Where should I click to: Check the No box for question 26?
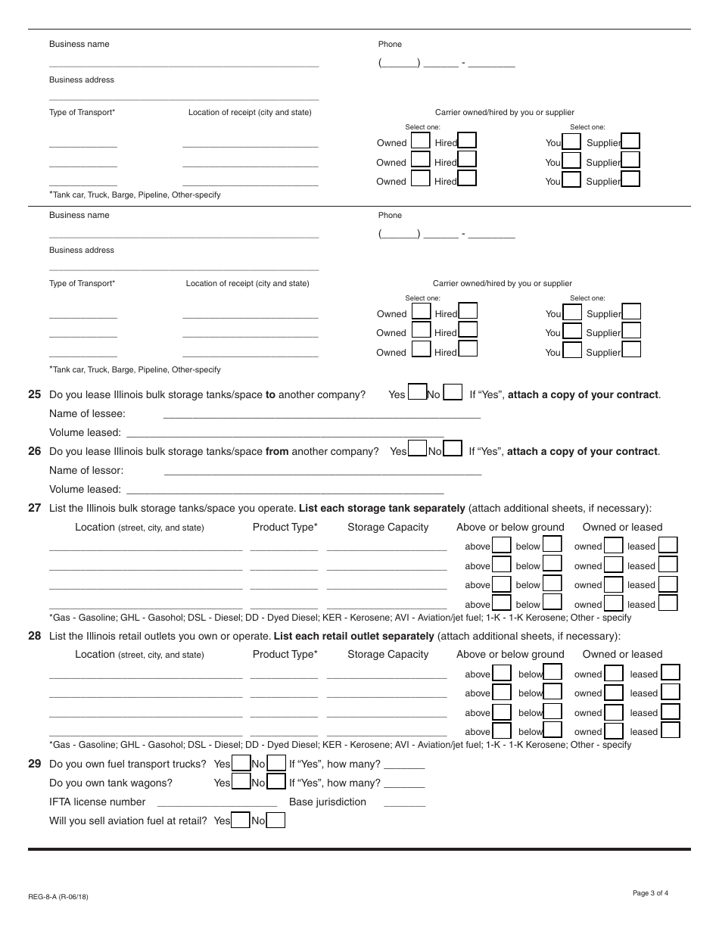[x=453, y=450]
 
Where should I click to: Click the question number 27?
[x=34, y=508]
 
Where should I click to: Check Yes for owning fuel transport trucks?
[x=241, y=764]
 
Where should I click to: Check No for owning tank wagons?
[x=276, y=783]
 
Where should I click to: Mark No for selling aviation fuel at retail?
[x=276, y=820]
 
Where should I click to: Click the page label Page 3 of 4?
[x=650, y=893]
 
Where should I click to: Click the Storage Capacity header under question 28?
[x=388, y=655]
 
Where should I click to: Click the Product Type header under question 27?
[x=285, y=528]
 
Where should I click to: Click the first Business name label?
[x=79, y=44]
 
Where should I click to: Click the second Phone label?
[x=390, y=215]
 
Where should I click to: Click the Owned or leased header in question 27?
[x=622, y=528]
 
